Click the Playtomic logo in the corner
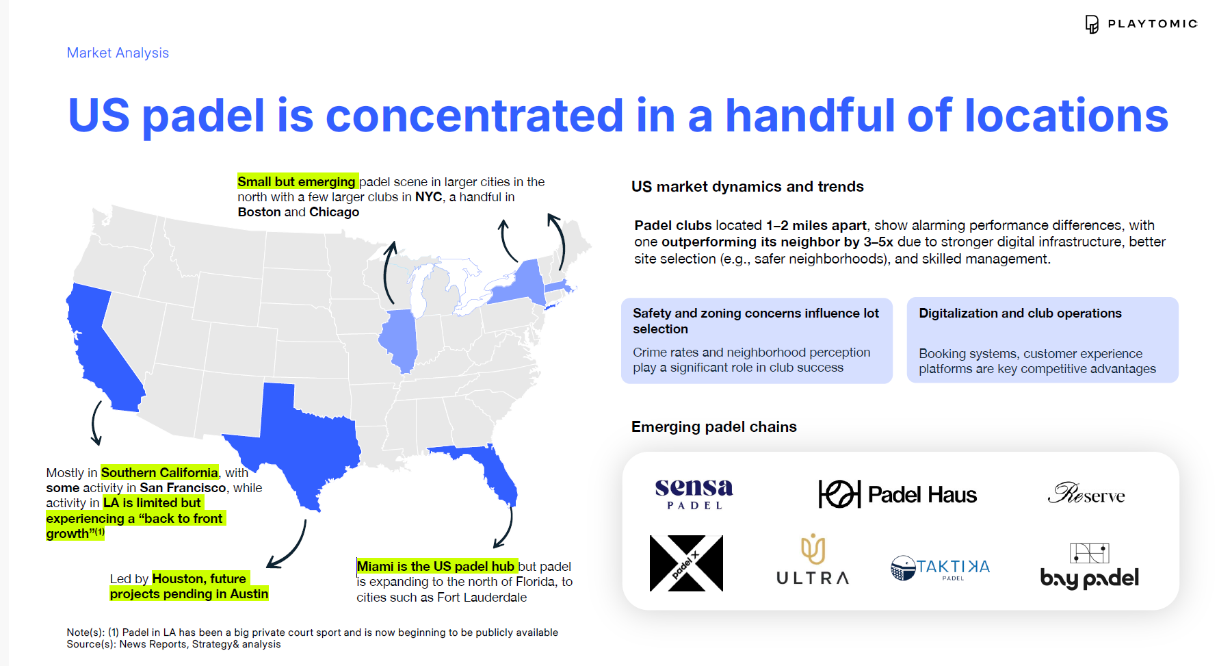pos(1141,24)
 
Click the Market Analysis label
pos(118,53)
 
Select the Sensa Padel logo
pos(694,493)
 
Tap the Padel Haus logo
pos(897,494)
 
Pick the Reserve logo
pos(1086,493)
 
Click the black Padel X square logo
pos(686,563)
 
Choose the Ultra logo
pos(813,559)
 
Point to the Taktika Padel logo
pos(940,568)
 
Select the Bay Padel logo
pos(1090,566)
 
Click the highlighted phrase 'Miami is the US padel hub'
pos(436,566)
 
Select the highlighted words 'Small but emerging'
pos(297,181)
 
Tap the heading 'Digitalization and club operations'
pos(1020,313)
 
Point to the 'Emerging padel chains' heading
pos(714,427)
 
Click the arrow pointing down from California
pos(96,423)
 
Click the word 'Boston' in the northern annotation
pos(259,212)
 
